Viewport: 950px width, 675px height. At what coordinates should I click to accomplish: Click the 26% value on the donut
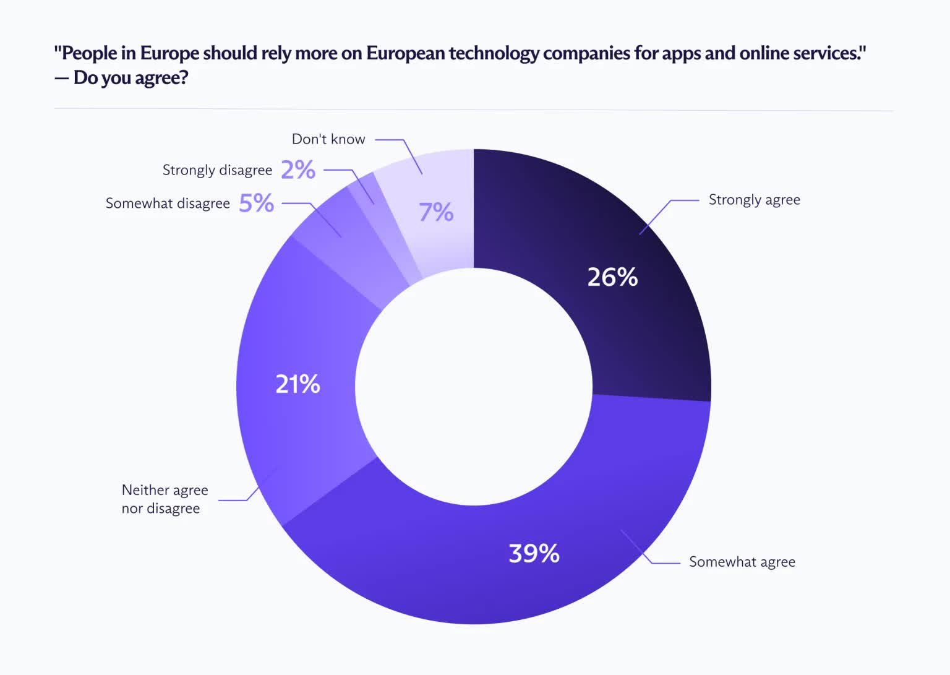click(x=612, y=277)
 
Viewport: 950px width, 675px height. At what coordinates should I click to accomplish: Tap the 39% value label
click(x=534, y=553)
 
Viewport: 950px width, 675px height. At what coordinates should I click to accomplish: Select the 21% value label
click(x=297, y=384)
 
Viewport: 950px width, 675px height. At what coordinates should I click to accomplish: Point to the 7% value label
click(x=436, y=212)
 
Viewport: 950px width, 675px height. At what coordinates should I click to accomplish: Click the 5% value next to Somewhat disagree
click(x=257, y=203)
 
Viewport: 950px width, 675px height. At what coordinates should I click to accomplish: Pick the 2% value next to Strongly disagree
click(x=298, y=170)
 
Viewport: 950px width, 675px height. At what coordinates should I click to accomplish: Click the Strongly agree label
click(x=755, y=200)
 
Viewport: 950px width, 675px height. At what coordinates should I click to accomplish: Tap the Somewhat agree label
click(x=742, y=562)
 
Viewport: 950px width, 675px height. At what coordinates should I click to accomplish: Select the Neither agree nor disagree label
click(x=165, y=499)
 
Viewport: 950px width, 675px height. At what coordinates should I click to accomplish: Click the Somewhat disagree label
click(x=168, y=203)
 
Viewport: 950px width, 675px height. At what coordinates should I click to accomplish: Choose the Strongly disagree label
click(x=217, y=170)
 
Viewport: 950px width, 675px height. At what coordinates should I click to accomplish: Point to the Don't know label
click(x=328, y=139)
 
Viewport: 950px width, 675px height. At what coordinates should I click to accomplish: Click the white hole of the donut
click(x=474, y=387)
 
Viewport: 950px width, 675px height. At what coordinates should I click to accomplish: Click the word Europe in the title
click(x=169, y=53)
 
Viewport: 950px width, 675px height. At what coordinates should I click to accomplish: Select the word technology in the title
click(x=494, y=54)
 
